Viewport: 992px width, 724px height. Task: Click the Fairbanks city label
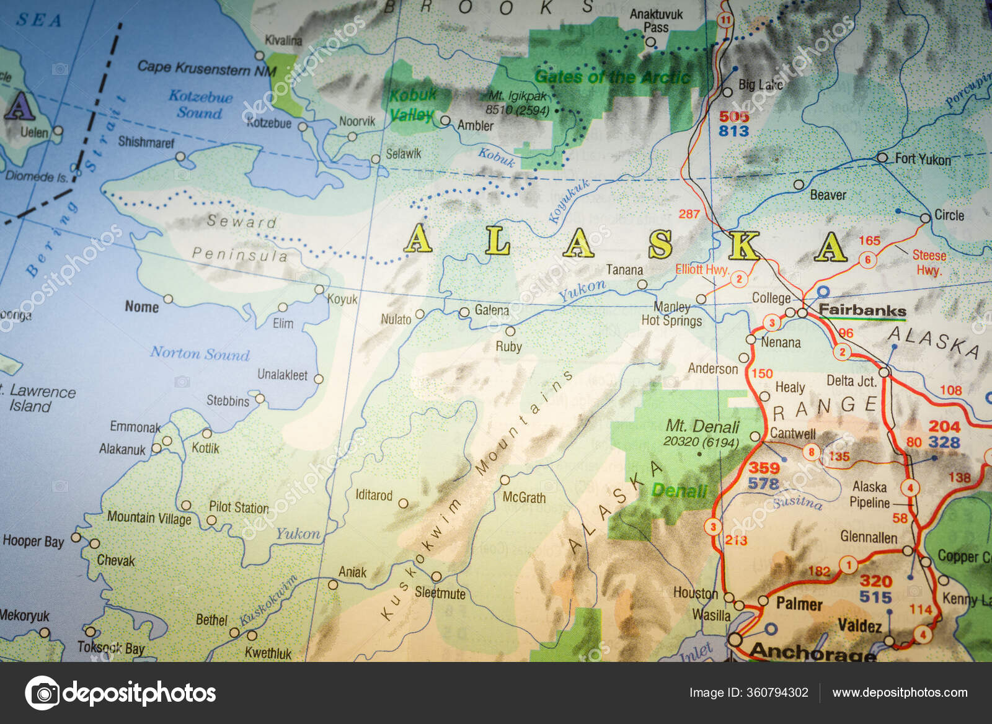(x=862, y=310)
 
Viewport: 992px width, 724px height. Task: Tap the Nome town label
(x=141, y=306)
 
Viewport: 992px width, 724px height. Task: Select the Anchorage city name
(x=812, y=651)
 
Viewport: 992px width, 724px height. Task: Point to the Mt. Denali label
(x=702, y=426)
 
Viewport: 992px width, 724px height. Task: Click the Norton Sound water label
(x=200, y=354)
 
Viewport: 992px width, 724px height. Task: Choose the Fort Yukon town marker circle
(x=882, y=158)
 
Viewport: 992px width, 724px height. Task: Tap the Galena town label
(x=492, y=310)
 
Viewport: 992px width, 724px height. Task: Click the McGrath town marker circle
(x=505, y=480)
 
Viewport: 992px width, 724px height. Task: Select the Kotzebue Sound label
(x=200, y=104)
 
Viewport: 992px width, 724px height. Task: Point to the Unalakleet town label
(x=282, y=375)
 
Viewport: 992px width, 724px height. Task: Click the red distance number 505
(x=734, y=116)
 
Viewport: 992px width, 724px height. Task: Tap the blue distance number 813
(x=734, y=131)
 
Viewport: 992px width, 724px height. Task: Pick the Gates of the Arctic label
(x=612, y=77)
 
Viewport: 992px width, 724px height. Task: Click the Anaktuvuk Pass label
(x=656, y=20)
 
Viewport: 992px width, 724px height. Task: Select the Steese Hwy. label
(x=929, y=262)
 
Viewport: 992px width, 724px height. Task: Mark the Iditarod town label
(x=374, y=494)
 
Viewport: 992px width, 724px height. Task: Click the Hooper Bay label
(x=33, y=541)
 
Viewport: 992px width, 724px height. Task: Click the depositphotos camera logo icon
(x=42, y=692)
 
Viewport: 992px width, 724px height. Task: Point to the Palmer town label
(x=799, y=604)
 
